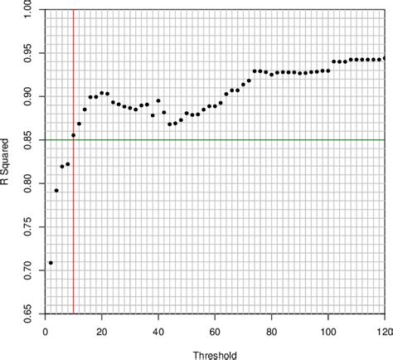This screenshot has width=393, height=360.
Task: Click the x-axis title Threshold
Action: (215, 353)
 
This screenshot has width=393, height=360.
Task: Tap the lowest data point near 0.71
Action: (51, 263)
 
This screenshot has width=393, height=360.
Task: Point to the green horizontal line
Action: (249, 139)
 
